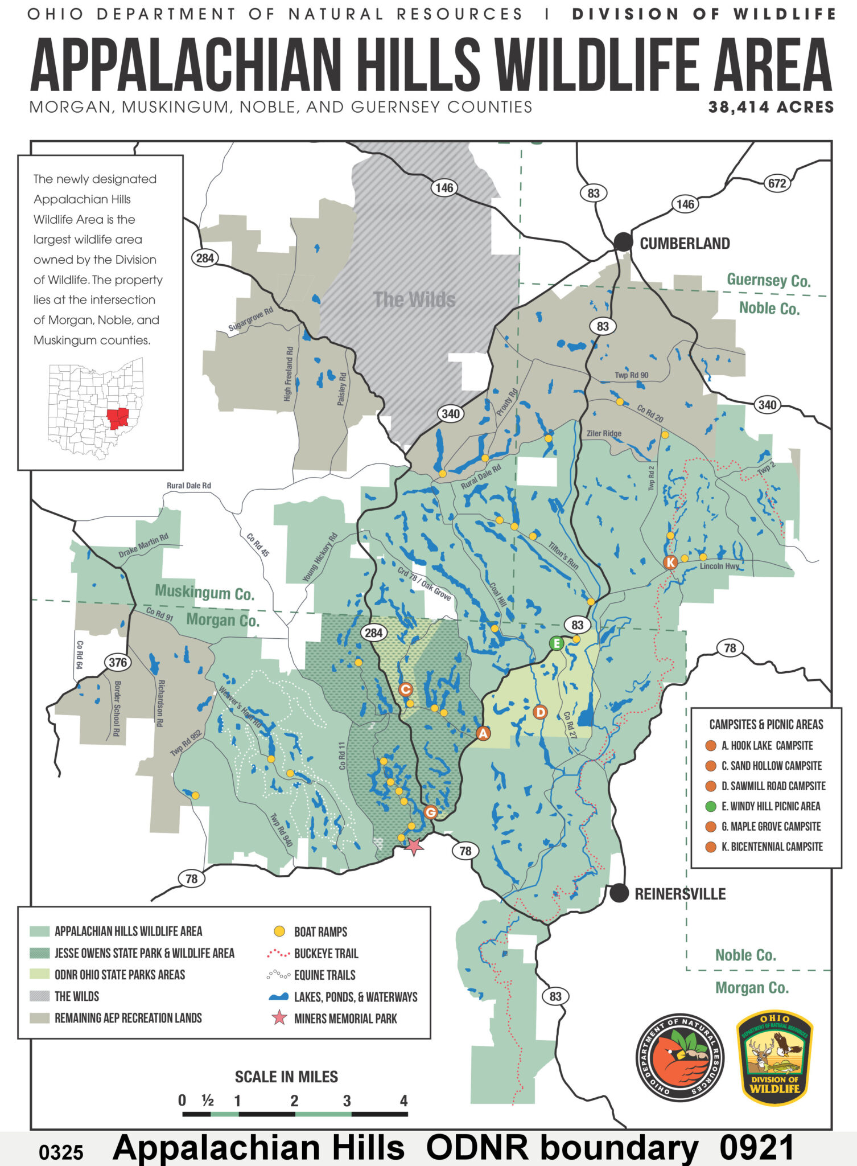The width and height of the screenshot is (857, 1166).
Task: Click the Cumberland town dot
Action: click(623, 242)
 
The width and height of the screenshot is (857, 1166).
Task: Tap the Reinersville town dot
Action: click(619, 893)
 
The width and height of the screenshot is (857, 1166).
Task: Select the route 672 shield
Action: click(777, 183)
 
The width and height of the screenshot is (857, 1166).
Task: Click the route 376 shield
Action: click(117, 662)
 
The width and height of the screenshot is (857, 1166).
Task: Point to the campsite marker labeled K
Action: click(670, 563)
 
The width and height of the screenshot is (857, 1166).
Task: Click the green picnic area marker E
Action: click(556, 644)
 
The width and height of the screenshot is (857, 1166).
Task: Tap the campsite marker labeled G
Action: click(431, 812)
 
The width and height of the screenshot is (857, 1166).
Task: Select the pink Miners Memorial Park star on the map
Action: click(414, 847)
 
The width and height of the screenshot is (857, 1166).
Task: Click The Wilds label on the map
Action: click(414, 300)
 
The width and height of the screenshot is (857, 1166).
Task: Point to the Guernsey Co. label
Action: click(768, 281)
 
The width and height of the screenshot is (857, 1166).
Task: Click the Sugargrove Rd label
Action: click(250, 320)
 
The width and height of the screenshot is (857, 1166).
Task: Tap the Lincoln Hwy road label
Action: click(719, 566)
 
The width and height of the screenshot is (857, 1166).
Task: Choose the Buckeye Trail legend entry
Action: click(326, 954)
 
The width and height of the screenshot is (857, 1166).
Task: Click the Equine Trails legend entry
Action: click(324, 975)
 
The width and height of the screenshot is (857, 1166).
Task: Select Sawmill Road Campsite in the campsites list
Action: click(773, 786)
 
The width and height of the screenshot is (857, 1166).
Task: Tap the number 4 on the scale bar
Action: click(403, 1101)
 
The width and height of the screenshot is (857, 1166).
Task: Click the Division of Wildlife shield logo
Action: click(774, 1058)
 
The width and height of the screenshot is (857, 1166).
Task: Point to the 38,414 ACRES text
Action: click(771, 107)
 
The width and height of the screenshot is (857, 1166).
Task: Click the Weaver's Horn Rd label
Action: click(240, 708)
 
